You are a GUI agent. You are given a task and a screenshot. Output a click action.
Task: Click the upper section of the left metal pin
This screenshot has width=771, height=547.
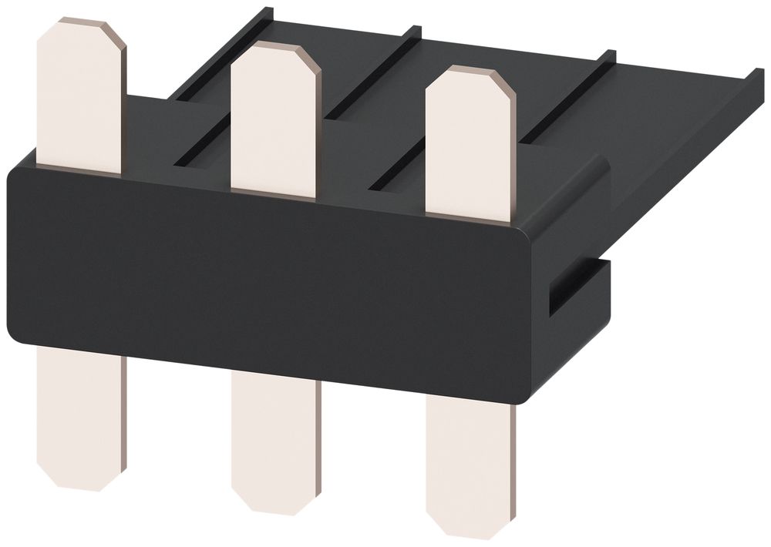80,96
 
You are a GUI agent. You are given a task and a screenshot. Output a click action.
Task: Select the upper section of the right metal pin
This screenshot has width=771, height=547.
470,143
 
